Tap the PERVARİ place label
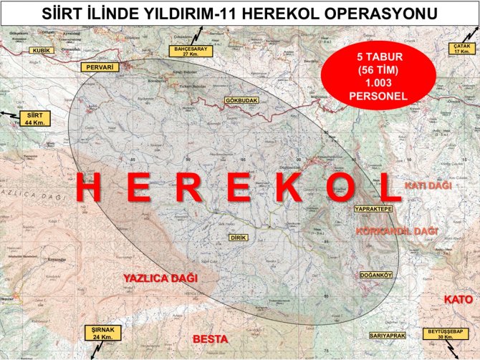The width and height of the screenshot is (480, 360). click(x=100, y=66)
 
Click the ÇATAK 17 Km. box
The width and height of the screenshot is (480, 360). click(x=462, y=49)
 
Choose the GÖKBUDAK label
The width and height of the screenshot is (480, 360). click(x=241, y=101)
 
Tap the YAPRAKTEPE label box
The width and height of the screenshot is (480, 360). click(x=373, y=208)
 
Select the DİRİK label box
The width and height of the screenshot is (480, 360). click(x=238, y=237)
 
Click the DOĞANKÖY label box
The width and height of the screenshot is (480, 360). click(x=376, y=274)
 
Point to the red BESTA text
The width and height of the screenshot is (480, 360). click(x=211, y=338)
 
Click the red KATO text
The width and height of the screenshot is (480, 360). click(x=458, y=298)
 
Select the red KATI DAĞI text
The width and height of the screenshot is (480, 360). click(x=428, y=185)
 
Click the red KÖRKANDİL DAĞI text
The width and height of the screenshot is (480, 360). click(x=396, y=231)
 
